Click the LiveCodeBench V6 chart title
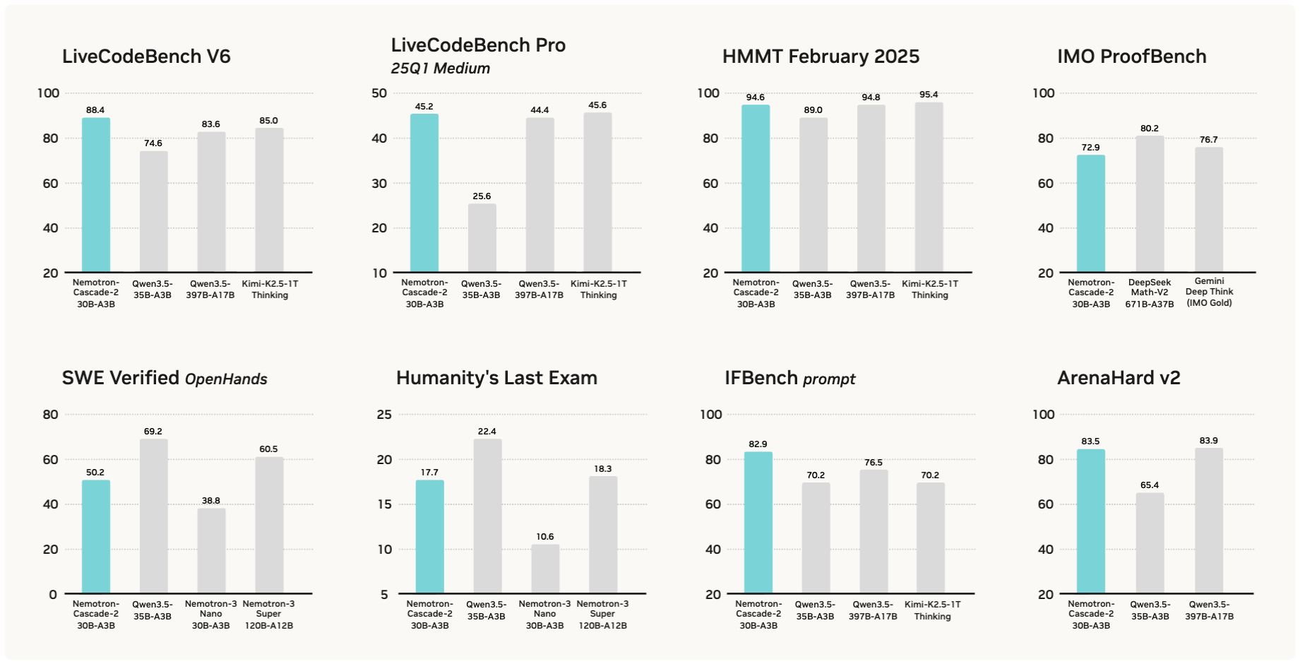tap(146, 57)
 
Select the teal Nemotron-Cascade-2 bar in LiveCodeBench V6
tap(96, 195)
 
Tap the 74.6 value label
tap(153, 143)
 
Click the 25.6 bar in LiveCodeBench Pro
tap(482, 238)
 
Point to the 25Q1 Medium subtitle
tap(441, 69)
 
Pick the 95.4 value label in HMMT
tap(929, 95)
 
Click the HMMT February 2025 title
tap(821, 57)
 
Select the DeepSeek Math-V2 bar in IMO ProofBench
tap(1150, 204)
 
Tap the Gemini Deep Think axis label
tap(1209, 292)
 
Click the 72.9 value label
tap(1090, 148)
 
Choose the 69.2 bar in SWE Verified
tap(153, 516)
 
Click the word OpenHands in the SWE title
tap(226, 379)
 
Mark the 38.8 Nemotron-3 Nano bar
tap(211, 550)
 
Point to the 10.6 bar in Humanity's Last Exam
tap(545, 569)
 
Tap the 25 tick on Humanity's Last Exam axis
tap(384, 415)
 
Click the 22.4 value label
tap(487, 432)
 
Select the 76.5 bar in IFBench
tap(873, 531)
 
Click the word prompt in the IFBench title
tap(829, 379)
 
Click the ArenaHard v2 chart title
tap(1119, 378)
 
